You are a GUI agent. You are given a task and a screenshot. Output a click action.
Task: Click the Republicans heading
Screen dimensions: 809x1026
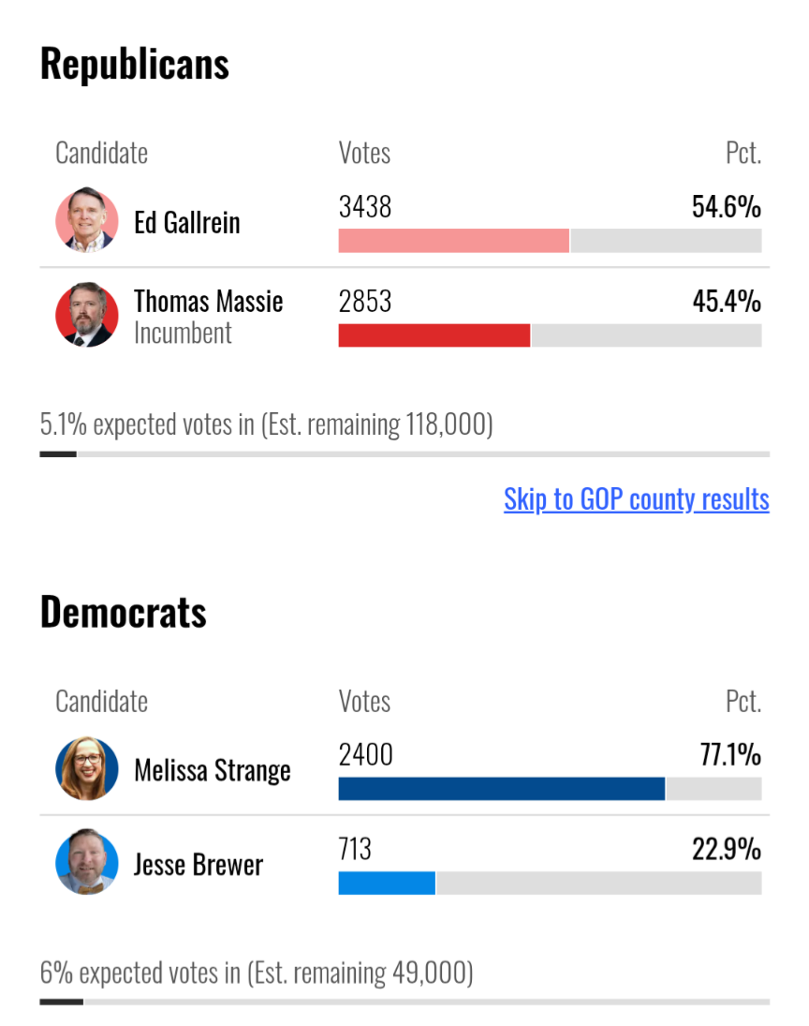pyautogui.click(x=135, y=64)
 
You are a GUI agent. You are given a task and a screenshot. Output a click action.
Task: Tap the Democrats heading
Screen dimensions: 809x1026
pyautogui.click(x=124, y=613)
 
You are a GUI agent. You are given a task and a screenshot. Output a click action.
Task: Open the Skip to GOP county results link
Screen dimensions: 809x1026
pyautogui.click(x=637, y=499)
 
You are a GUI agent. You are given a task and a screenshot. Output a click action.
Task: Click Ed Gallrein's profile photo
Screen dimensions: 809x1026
pyautogui.click(x=87, y=220)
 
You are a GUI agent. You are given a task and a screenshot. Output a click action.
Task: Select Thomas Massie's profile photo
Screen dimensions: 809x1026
pyautogui.click(x=87, y=315)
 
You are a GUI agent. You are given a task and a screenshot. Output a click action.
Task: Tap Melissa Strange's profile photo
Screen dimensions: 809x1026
pyautogui.click(x=87, y=768)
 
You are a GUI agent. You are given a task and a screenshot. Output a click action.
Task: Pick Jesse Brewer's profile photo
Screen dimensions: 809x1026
pyautogui.click(x=87, y=862)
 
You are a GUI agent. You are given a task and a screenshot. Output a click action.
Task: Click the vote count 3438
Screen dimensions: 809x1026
pyautogui.click(x=365, y=207)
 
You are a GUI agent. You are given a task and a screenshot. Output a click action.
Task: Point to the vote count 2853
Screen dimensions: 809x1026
pyautogui.click(x=365, y=302)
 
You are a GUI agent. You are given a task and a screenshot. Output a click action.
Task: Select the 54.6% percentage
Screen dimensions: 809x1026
pyautogui.click(x=727, y=207)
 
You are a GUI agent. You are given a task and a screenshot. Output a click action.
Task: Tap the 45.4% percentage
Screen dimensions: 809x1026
pyautogui.click(x=727, y=302)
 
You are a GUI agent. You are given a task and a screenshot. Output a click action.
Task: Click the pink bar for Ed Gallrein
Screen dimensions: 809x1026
pyautogui.click(x=454, y=241)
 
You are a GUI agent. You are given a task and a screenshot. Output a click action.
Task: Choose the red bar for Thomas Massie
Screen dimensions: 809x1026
pyautogui.click(x=434, y=335)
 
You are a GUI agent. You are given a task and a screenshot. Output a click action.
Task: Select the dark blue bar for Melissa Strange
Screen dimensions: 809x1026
pyautogui.click(x=502, y=789)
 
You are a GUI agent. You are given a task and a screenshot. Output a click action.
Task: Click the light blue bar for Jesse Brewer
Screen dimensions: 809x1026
pyautogui.click(x=387, y=884)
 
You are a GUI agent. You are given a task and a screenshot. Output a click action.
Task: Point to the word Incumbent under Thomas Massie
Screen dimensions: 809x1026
pyautogui.click(x=184, y=333)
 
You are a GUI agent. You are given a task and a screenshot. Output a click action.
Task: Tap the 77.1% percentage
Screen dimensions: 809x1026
pyautogui.click(x=730, y=754)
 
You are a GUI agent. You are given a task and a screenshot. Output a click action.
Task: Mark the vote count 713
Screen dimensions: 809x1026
pyautogui.click(x=355, y=849)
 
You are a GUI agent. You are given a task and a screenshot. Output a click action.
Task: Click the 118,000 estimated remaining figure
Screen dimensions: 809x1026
pyautogui.click(x=446, y=424)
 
